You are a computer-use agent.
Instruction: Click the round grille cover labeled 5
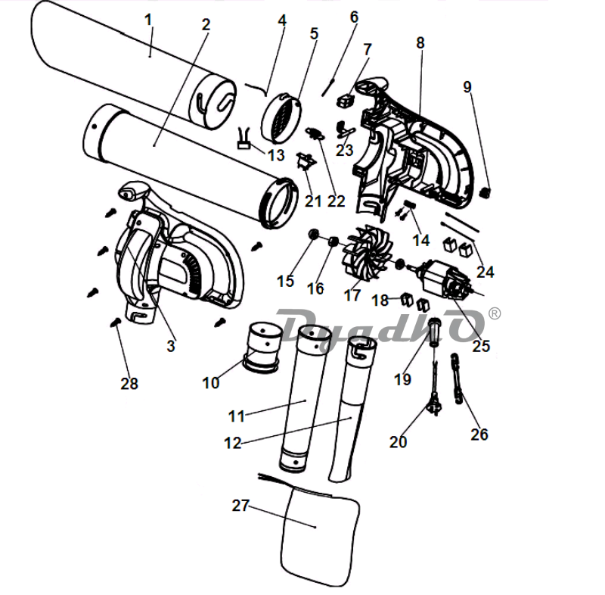[281, 117]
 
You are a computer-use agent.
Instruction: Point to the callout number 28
[129, 383]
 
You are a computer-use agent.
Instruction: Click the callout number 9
[467, 87]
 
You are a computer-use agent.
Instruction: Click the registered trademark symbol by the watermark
[495, 313]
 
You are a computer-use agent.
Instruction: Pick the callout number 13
[276, 155]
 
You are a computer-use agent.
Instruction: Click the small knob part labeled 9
[484, 192]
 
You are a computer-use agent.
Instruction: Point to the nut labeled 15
[314, 234]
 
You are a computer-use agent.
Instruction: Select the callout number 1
[148, 20]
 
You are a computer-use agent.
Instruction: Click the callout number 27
[240, 505]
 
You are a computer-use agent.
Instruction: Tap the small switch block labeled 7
[346, 101]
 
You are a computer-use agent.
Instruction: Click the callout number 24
[485, 272]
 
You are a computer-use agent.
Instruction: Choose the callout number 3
[171, 346]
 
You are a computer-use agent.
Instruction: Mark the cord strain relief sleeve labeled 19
[435, 331]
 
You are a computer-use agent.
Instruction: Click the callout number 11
[236, 416]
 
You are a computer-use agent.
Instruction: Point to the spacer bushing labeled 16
[334, 243]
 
